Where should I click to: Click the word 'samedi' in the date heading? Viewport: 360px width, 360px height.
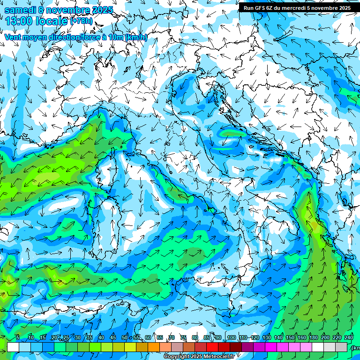(x=20, y=9)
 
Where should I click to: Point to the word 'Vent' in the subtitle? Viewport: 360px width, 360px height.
(x=13, y=37)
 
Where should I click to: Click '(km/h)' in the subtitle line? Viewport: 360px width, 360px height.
(x=136, y=37)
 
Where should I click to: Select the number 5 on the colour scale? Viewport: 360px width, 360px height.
(x=17, y=337)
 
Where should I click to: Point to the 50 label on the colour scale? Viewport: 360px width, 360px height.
(x=125, y=337)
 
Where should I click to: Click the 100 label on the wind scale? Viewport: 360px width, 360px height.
(x=231, y=337)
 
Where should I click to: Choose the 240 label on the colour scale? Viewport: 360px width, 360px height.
(x=349, y=337)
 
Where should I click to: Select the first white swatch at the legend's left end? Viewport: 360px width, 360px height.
(x=13, y=347)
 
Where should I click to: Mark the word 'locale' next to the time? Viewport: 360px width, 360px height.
(x=52, y=21)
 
